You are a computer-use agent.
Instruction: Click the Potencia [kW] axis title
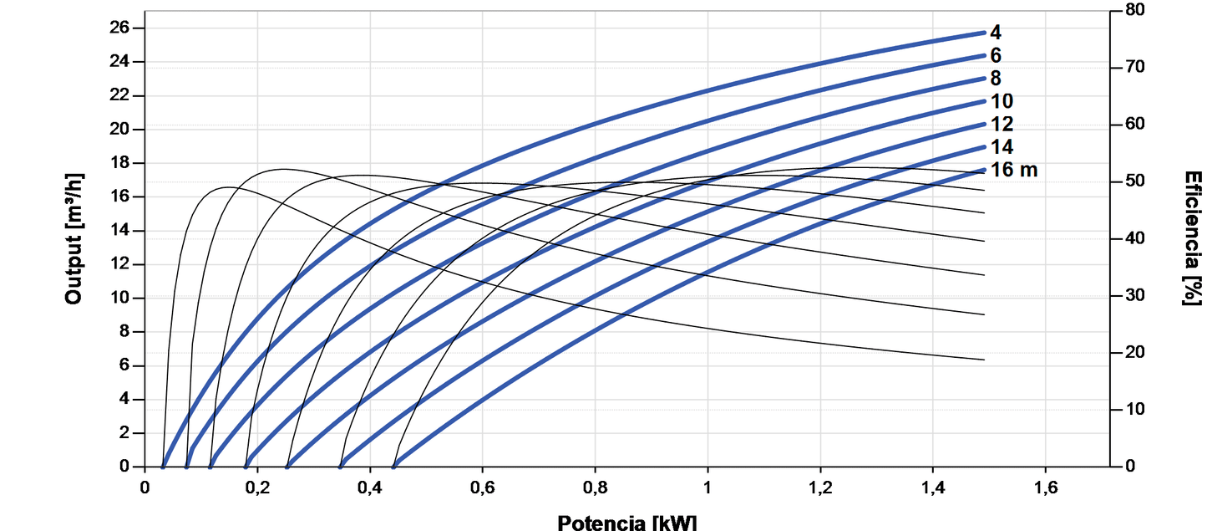tap(626, 522)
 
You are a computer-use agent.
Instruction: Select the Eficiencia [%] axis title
tap(1192, 238)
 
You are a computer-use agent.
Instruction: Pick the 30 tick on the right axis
tap(1131, 295)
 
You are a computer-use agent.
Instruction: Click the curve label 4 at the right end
tap(996, 33)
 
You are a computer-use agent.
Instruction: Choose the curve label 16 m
tap(1013, 170)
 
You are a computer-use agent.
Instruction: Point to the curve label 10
tap(1002, 101)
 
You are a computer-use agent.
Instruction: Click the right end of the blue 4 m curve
tap(984, 33)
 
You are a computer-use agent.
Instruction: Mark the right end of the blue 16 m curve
tap(984, 170)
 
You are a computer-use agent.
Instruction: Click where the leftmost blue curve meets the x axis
tap(163, 466)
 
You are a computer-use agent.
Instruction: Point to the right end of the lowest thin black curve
tap(984, 360)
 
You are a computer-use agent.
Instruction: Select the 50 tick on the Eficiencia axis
tap(1131, 181)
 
